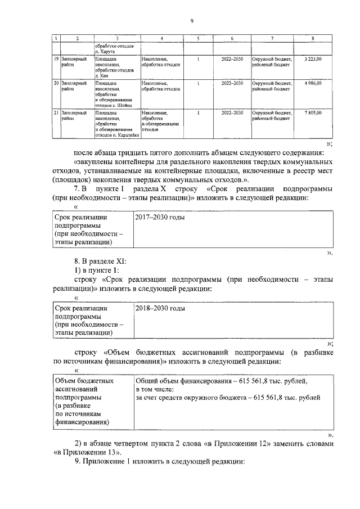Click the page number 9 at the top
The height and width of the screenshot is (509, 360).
192,21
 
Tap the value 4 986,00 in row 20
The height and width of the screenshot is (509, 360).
313,83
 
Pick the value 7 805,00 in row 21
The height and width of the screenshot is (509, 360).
313,112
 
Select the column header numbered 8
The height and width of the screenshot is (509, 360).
313,37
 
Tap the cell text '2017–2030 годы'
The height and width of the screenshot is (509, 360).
160,217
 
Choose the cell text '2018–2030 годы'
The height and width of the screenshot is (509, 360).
160,309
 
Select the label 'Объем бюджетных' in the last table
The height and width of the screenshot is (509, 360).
83,381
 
